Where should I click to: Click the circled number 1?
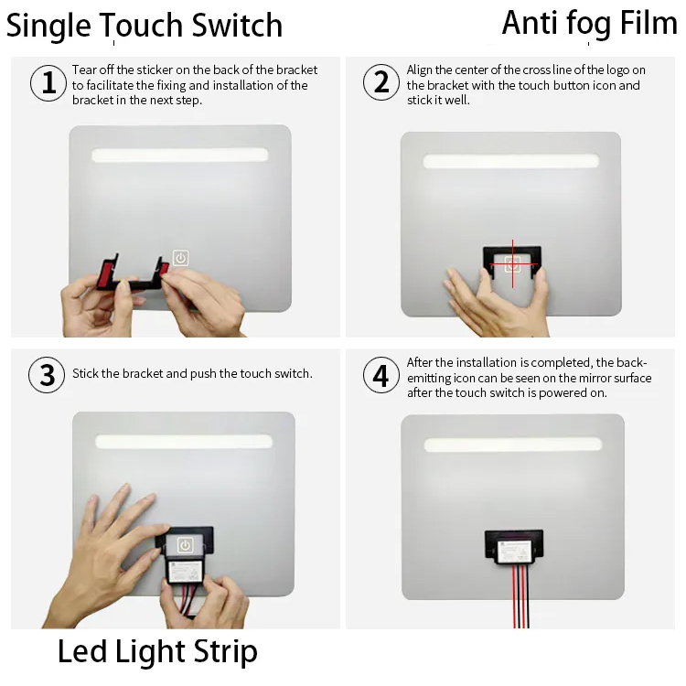(x=48, y=83)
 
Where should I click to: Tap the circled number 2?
(x=381, y=82)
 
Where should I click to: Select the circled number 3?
(x=47, y=375)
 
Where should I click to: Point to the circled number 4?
(x=381, y=375)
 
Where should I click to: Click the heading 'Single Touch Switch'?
(x=145, y=26)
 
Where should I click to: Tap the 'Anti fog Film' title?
(x=589, y=23)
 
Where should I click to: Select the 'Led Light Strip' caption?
(x=157, y=651)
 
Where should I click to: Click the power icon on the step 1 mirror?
(x=181, y=258)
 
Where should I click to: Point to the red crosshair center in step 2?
(x=513, y=264)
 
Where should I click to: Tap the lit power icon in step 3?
(x=185, y=545)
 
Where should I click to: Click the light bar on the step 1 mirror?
(x=180, y=155)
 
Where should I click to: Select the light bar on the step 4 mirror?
(x=513, y=445)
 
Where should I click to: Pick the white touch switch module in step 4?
(x=514, y=551)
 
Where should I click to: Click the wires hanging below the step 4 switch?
(x=521, y=595)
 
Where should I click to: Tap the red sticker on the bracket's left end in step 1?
(x=106, y=273)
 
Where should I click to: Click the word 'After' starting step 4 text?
(x=419, y=362)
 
